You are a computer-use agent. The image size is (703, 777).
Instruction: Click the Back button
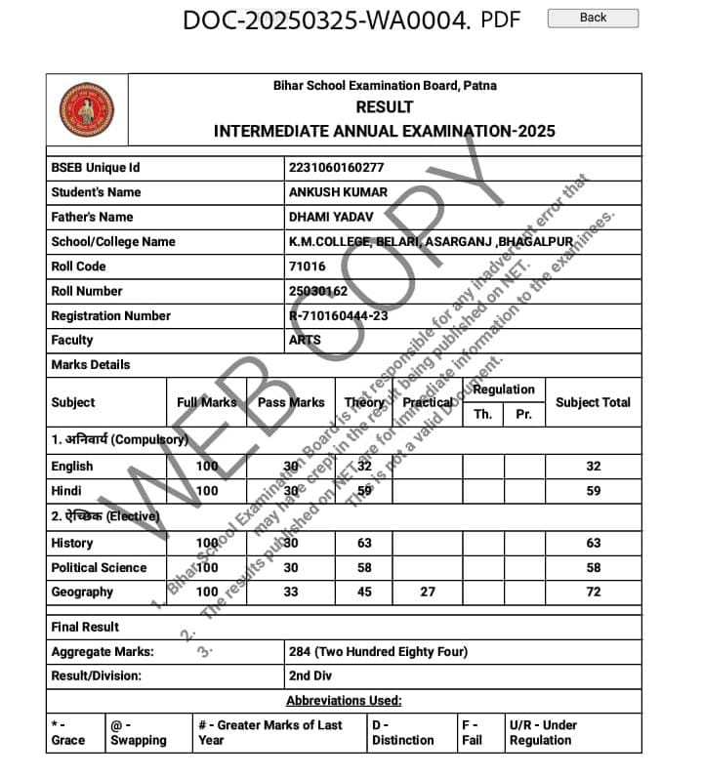[593, 18]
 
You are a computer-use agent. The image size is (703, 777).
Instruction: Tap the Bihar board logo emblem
[86, 109]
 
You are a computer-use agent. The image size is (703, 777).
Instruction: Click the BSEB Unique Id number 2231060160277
[336, 168]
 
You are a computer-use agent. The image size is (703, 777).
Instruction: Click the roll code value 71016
[308, 266]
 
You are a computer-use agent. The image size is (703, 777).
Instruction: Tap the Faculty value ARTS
[305, 340]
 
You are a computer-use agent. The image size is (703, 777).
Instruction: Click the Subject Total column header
[593, 402]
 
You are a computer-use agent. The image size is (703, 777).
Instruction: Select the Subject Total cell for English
[593, 467]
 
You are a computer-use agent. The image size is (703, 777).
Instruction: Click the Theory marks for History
[364, 543]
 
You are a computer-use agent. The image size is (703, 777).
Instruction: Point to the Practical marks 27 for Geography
[428, 592]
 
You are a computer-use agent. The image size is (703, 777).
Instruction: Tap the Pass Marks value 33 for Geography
[291, 592]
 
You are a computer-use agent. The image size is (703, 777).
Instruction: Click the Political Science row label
[99, 567]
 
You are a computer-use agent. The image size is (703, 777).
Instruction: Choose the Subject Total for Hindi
[593, 491]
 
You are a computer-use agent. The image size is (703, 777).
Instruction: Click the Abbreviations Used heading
[344, 701]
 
